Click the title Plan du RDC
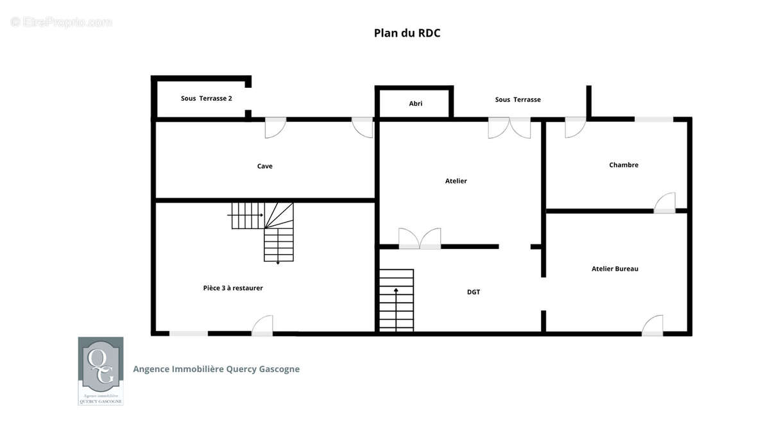click(407, 33)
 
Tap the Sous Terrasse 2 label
click(206, 98)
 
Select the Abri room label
click(416, 103)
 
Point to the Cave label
click(264, 166)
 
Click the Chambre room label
click(624, 165)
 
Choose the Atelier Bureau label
click(615, 269)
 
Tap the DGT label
click(474, 292)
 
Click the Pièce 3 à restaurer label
click(233, 288)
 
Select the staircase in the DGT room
click(397, 300)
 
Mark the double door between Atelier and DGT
click(420, 239)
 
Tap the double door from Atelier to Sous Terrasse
click(509, 128)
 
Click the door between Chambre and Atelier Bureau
click(665, 203)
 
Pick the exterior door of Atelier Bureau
click(653, 326)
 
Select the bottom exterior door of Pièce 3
click(262, 326)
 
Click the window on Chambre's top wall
click(654, 119)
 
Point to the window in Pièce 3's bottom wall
click(189, 334)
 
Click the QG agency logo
click(101, 371)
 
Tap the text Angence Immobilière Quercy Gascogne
click(216, 369)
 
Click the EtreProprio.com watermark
click(61, 22)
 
